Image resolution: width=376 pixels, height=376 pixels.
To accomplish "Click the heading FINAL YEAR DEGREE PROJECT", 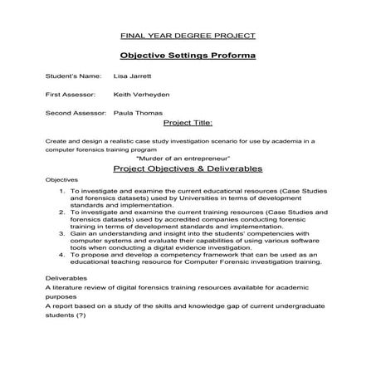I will click(x=188, y=37).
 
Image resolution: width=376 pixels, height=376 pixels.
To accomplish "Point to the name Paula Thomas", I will click(x=138, y=112).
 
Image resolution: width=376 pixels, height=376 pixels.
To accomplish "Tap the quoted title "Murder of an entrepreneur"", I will click(x=188, y=157).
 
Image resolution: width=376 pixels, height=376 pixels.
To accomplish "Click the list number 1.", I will click(x=63, y=190).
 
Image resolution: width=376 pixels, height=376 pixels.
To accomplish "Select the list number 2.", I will click(x=63, y=212).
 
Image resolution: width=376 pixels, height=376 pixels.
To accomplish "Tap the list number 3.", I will click(x=63, y=234).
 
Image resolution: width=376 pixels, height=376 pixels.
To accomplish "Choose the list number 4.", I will click(x=63, y=256).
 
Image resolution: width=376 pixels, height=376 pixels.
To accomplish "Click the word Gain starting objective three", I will click(x=80, y=234).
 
